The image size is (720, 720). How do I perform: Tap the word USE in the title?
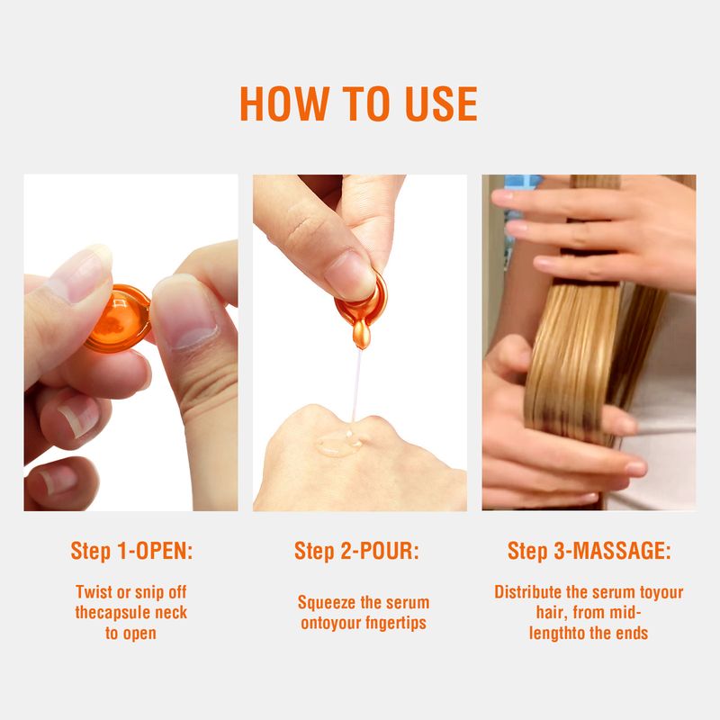pyautogui.click(x=441, y=103)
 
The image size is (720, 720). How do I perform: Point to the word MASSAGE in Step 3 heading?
pyautogui.click(x=618, y=551)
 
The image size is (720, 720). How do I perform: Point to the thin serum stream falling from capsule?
pyautogui.click(x=356, y=385)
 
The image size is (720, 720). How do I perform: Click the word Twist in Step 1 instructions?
pyautogui.click(x=94, y=592)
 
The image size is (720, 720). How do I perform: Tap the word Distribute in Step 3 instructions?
pyautogui.click(x=528, y=592)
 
